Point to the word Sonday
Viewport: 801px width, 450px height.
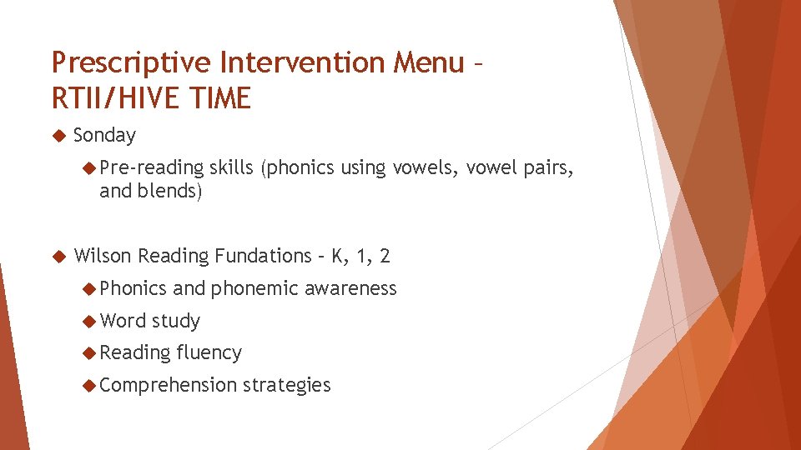(x=104, y=135)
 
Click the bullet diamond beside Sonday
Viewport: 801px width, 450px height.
(x=58, y=135)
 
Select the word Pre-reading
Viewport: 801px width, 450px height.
(x=151, y=167)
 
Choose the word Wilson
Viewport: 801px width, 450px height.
(x=103, y=256)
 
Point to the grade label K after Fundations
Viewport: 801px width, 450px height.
(x=337, y=256)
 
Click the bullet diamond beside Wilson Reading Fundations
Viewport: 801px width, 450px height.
(x=58, y=256)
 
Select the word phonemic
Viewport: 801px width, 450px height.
(x=254, y=288)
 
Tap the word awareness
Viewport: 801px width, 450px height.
(x=350, y=288)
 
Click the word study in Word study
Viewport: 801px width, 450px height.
(x=176, y=321)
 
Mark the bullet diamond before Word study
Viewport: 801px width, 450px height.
(x=89, y=321)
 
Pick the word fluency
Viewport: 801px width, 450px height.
(x=209, y=353)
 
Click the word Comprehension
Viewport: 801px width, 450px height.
(x=168, y=385)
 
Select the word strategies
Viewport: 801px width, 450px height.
(x=287, y=385)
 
